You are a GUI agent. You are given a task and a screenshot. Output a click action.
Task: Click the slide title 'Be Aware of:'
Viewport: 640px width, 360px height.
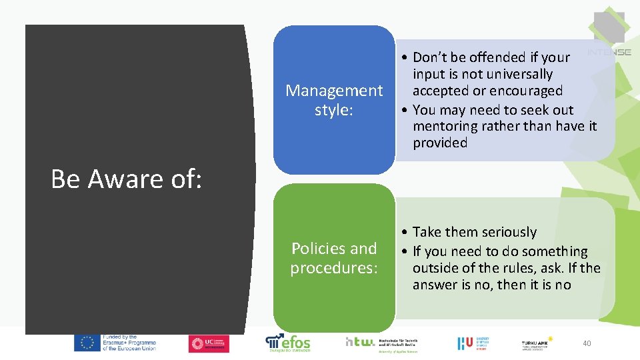pos(126,179)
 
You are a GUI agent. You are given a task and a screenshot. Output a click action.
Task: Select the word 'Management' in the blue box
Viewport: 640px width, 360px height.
pos(334,91)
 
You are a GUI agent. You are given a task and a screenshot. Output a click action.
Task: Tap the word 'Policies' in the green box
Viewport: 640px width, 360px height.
pos(317,249)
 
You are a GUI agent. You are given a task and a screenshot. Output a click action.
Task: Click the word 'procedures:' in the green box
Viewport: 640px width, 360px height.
pos(334,268)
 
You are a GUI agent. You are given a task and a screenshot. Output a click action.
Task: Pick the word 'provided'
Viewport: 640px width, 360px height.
pos(440,143)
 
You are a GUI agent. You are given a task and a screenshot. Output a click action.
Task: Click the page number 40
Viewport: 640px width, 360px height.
pos(587,343)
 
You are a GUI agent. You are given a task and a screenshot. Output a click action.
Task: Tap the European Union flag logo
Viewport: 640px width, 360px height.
pos(87,343)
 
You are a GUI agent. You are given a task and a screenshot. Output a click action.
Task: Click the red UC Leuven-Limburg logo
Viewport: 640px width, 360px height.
pos(209,343)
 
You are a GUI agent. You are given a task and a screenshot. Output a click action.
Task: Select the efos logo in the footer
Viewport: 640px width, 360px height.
pos(288,342)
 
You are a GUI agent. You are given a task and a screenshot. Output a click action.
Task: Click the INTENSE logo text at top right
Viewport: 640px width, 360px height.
pos(609,52)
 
